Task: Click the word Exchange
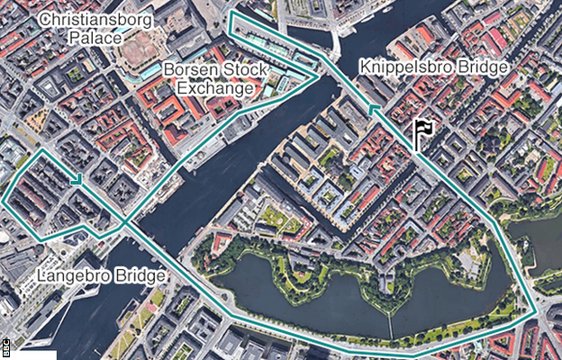click(x=214, y=88)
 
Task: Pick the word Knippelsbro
click(x=411, y=67)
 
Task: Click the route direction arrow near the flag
click(x=373, y=110)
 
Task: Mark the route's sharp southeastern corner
click(x=538, y=315)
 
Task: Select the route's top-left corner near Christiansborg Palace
click(x=231, y=13)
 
